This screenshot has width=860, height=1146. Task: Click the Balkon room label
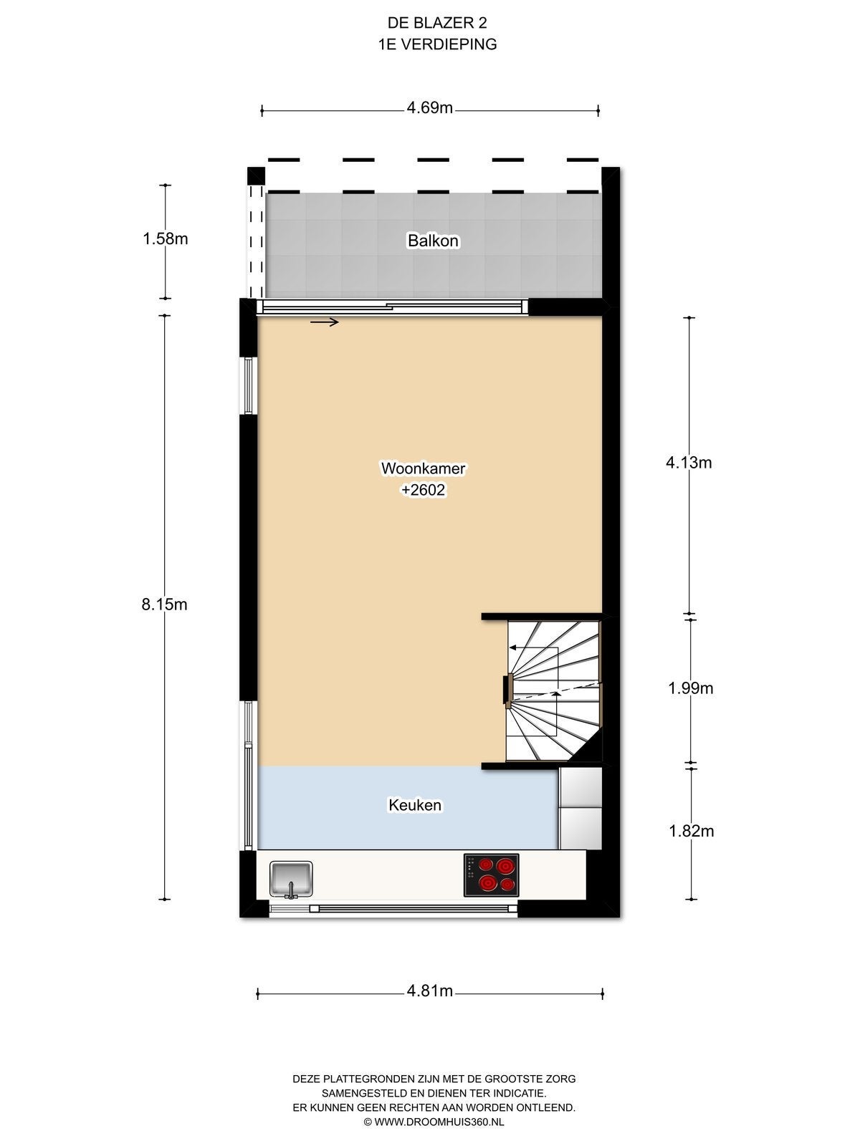click(x=433, y=241)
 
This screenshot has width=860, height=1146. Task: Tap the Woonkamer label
click(x=423, y=468)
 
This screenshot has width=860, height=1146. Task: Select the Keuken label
click(x=415, y=804)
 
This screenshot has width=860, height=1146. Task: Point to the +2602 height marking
click(x=423, y=490)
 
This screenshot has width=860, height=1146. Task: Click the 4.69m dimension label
click(x=430, y=108)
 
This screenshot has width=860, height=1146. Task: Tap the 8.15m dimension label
click(x=165, y=604)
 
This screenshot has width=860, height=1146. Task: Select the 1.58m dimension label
click(x=165, y=239)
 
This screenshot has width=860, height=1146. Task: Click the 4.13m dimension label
click(x=689, y=463)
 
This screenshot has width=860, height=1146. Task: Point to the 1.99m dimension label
click(x=690, y=688)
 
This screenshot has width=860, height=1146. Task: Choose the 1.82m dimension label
click(x=692, y=831)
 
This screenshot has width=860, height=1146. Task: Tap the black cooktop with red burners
click(x=492, y=875)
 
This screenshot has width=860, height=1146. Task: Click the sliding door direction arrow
click(x=324, y=322)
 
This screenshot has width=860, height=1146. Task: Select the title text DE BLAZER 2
click(x=437, y=23)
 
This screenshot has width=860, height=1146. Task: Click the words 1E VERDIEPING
click(x=437, y=44)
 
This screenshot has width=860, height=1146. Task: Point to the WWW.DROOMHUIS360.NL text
click(x=439, y=1122)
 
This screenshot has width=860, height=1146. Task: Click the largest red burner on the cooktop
click(x=488, y=883)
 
